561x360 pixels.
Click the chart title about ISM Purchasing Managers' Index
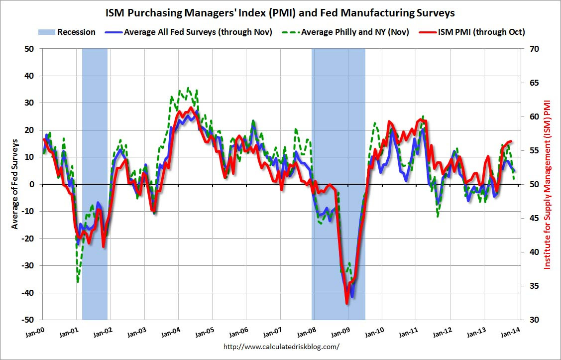coord(280,11)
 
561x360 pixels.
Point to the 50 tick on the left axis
coord(30,49)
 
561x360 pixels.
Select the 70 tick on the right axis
coord(529,49)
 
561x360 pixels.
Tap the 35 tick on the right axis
coord(529,286)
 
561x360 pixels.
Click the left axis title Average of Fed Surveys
coord(15,184)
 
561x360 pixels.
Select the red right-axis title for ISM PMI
coord(548,184)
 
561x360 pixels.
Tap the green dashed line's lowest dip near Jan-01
coord(78,282)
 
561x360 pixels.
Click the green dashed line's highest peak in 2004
coord(188,88)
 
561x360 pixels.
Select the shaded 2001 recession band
coord(95,184)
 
